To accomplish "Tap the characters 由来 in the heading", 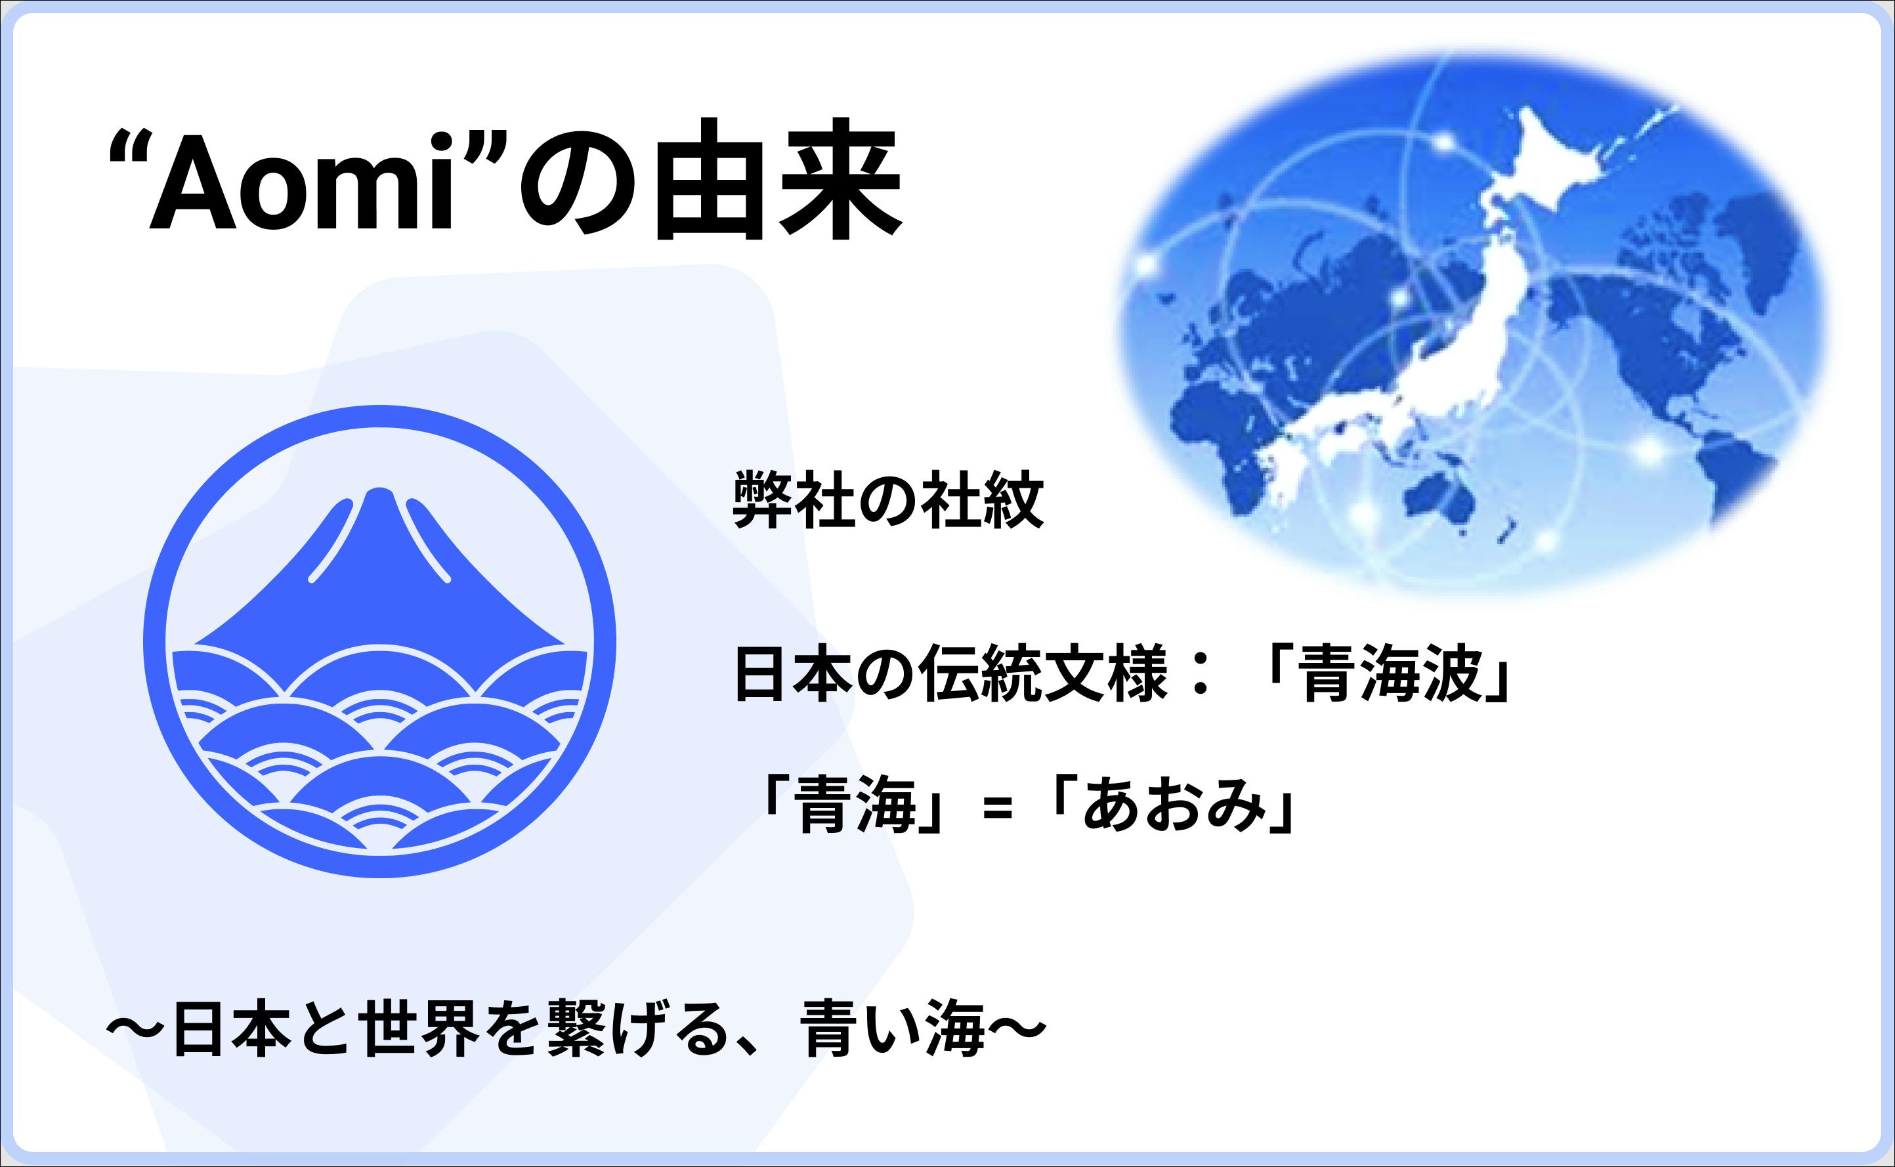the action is click(x=778, y=179).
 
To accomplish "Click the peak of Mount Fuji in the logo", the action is click(x=378, y=492).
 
